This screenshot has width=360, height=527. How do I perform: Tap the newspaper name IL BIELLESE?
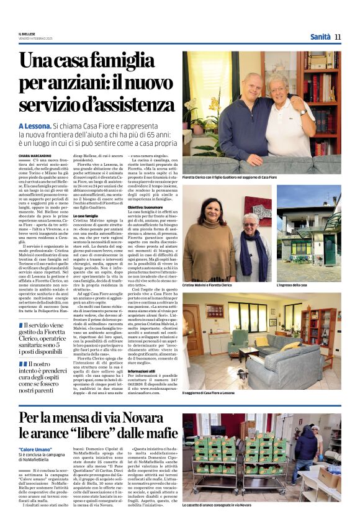pyautogui.click(x=27, y=35)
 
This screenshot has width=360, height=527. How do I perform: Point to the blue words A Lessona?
pyautogui.click(x=39, y=125)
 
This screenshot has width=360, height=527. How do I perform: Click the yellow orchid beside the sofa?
pyautogui.click(x=215, y=103)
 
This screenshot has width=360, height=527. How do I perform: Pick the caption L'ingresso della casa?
pyautogui.click(x=292, y=285)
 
